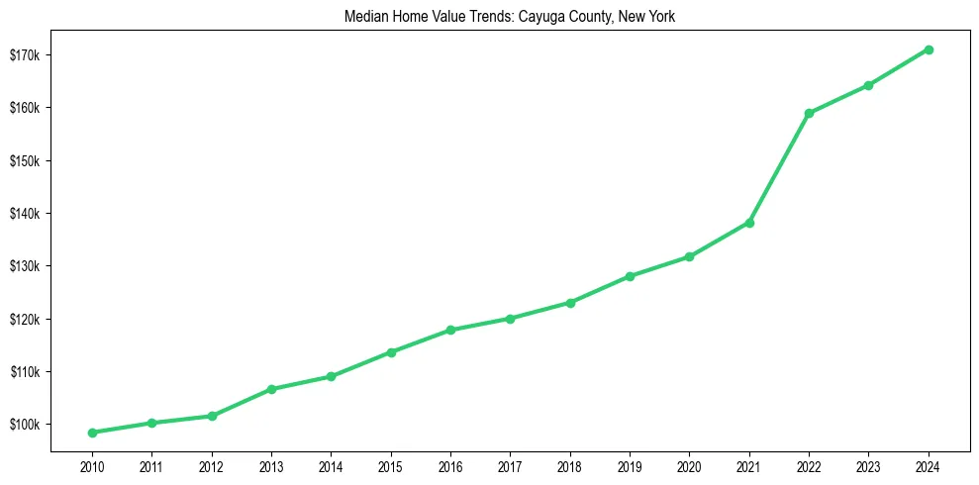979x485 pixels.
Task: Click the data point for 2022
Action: (x=809, y=113)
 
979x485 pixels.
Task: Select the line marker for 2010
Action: (x=92, y=433)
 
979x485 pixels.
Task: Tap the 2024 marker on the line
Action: (x=929, y=49)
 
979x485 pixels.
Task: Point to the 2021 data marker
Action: (x=749, y=223)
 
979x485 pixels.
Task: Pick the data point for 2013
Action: (x=271, y=389)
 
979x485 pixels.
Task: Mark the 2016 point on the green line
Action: (x=450, y=330)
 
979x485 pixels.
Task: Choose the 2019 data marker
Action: (x=630, y=276)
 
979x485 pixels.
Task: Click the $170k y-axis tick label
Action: (x=23, y=54)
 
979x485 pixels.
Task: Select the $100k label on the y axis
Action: (x=23, y=425)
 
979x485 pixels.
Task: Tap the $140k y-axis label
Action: (x=23, y=214)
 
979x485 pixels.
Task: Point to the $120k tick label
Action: (x=23, y=319)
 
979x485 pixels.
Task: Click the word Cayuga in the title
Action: (x=539, y=17)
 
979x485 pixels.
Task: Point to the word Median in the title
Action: (x=365, y=17)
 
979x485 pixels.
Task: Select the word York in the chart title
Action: (x=661, y=17)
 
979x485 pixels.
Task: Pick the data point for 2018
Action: (x=570, y=303)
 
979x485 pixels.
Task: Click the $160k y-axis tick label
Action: (x=23, y=108)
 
